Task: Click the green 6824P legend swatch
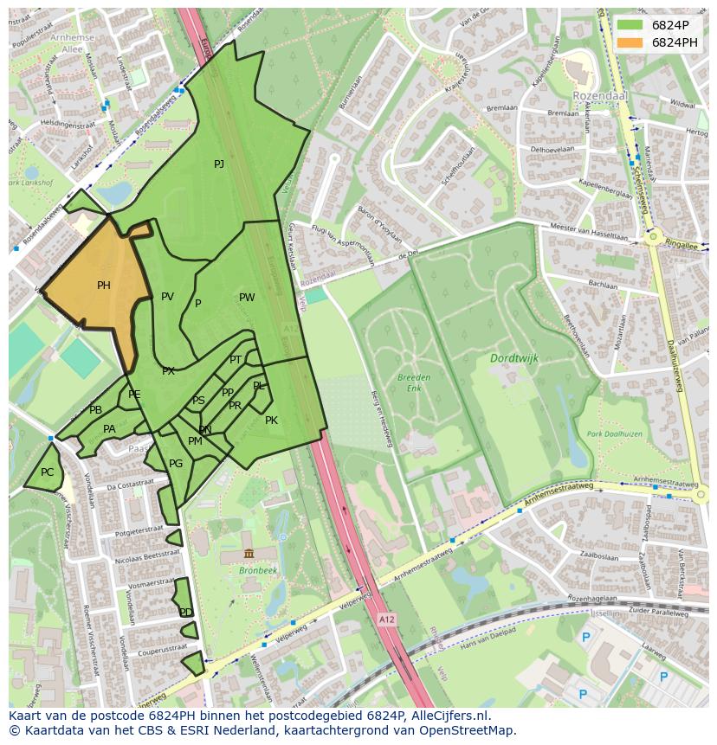tap(630, 25)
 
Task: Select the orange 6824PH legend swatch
tap(630, 42)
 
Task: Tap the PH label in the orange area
tap(103, 286)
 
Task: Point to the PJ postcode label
tap(219, 164)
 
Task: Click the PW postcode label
tap(247, 298)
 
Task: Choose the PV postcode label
tap(167, 297)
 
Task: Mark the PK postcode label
tap(271, 421)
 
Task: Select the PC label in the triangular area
tap(47, 472)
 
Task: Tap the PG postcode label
tap(176, 464)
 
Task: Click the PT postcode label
tap(236, 360)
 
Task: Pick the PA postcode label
tap(109, 429)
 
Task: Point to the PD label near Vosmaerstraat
tap(185, 613)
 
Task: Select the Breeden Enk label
tap(414, 383)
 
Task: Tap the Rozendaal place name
tap(598, 95)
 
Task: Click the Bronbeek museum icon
tap(249, 554)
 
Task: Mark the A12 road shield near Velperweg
tap(386, 620)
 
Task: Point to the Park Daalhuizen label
tap(612, 434)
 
